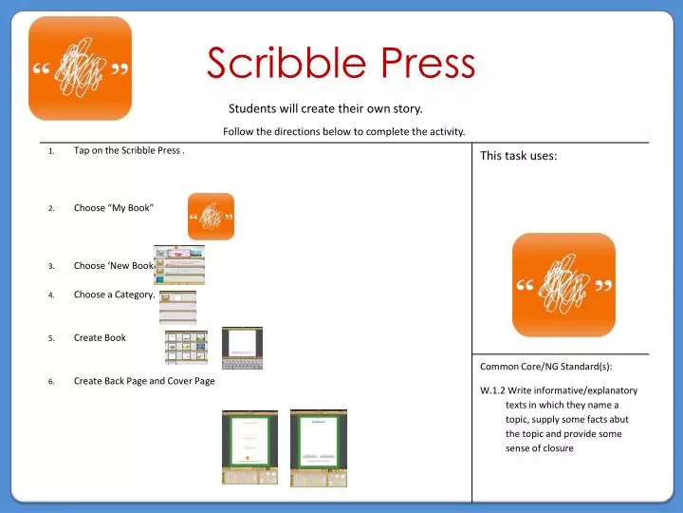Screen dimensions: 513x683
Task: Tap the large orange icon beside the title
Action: (x=80, y=68)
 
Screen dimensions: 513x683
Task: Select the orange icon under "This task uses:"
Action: (x=563, y=284)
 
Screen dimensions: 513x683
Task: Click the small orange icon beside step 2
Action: (x=211, y=216)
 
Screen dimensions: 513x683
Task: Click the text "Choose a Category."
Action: (x=114, y=294)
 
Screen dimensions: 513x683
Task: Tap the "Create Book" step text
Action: (x=100, y=337)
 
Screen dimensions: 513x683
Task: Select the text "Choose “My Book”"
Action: (x=114, y=208)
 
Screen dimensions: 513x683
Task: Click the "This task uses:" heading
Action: (x=518, y=157)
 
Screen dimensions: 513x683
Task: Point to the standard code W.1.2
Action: (x=492, y=390)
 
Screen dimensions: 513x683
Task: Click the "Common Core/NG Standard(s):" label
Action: (x=546, y=367)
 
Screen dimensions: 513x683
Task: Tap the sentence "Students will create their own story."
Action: (x=325, y=108)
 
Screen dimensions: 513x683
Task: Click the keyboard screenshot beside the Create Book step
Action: (x=242, y=348)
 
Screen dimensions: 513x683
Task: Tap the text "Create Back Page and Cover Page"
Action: (x=144, y=381)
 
